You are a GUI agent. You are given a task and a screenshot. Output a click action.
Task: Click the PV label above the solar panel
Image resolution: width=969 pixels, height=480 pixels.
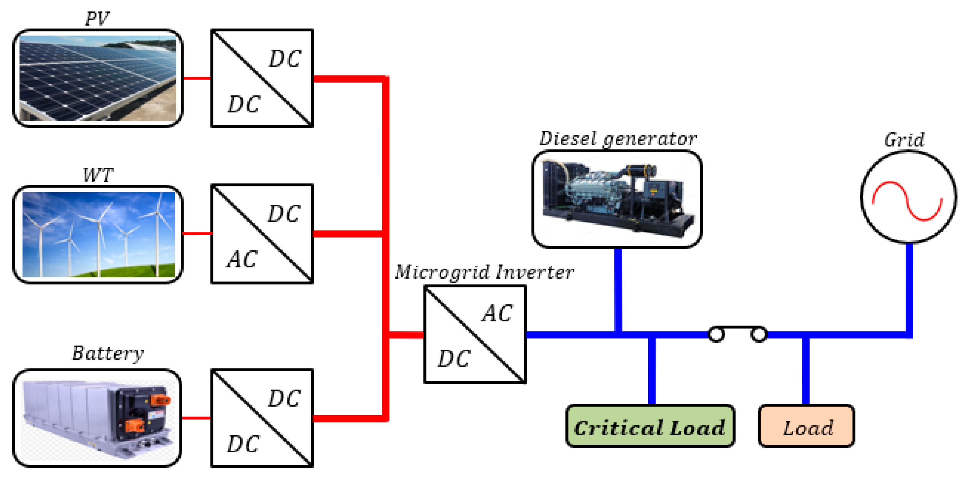(x=97, y=19)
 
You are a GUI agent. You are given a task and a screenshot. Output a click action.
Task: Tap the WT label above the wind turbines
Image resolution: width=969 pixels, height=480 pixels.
(x=98, y=175)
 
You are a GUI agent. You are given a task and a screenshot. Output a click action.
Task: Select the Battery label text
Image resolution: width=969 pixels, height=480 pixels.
(x=108, y=353)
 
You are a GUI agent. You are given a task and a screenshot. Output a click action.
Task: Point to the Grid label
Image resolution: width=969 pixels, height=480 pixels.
(x=904, y=140)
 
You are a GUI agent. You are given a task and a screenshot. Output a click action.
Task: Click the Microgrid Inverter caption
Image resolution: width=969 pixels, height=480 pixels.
(x=484, y=272)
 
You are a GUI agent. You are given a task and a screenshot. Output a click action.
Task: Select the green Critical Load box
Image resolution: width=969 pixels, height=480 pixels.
(x=650, y=427)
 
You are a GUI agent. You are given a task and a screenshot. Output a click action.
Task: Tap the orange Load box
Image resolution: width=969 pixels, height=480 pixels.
(x=806, y=427)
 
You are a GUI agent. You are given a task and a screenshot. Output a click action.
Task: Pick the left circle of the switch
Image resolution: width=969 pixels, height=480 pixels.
(x=716, y=334)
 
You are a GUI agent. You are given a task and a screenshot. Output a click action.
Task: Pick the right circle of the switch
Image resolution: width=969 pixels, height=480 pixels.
(x=759, y=334)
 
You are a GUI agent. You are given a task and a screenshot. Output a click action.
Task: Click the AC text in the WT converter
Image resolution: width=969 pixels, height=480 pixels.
(x=242, y=259)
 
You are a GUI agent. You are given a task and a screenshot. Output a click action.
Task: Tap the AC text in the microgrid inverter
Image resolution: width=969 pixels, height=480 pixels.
(x=497, y=313)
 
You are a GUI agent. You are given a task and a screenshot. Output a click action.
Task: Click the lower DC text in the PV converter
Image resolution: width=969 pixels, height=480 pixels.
(x=244, y=104)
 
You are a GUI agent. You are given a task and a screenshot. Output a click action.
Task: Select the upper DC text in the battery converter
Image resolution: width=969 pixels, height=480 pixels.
(x=284, y=398)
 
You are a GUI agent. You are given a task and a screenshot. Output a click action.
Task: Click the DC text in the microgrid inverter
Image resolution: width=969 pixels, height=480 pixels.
(x=454, y=358)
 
